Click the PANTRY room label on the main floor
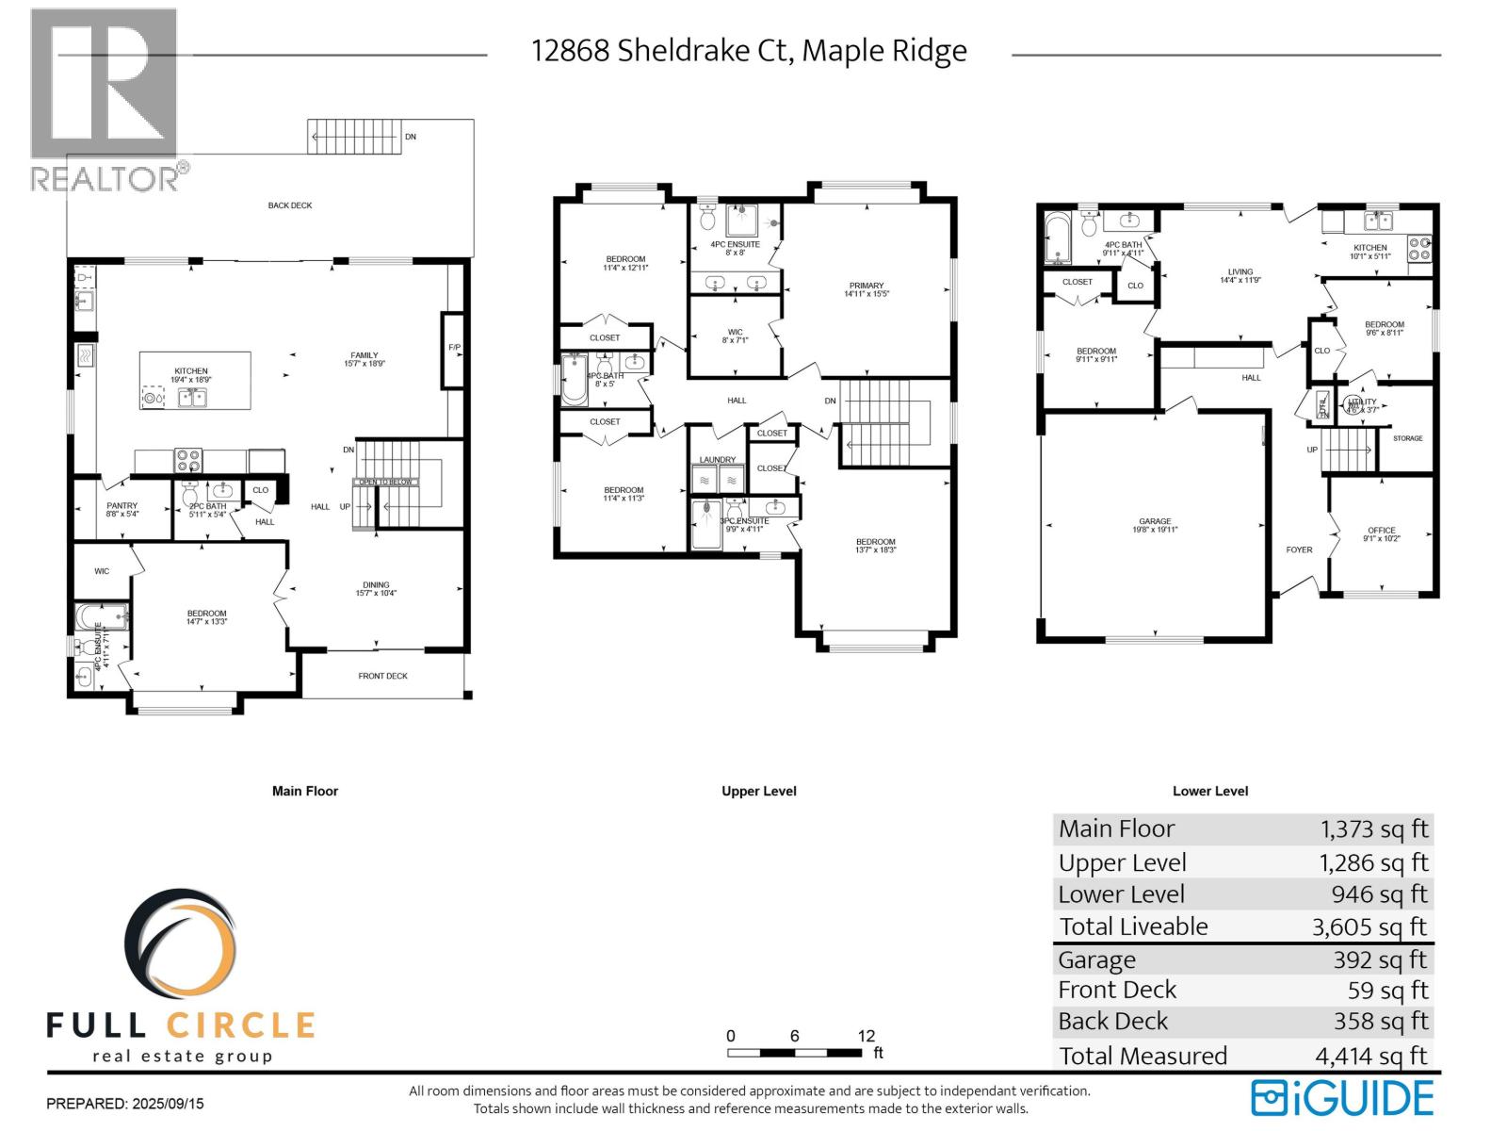[122, 506]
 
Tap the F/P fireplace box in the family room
[454, 349]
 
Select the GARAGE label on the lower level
[1155, 521]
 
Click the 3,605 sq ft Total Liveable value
[1369, 927]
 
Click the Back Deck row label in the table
[1112, 1022]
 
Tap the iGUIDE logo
[1343, 1098]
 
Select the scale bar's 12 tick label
[867, 1036]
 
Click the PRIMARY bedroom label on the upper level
[867, 286]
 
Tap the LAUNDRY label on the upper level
[718, 460]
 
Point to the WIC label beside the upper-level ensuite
[735, 332]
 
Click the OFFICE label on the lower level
[1382, 531]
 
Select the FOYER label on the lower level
[1299, 549]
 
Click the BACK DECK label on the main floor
[290, 205]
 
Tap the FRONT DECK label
[382, 676]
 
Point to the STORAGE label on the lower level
[1407, 438]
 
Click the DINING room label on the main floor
[376, 584]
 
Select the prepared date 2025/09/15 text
[125, 1103]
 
